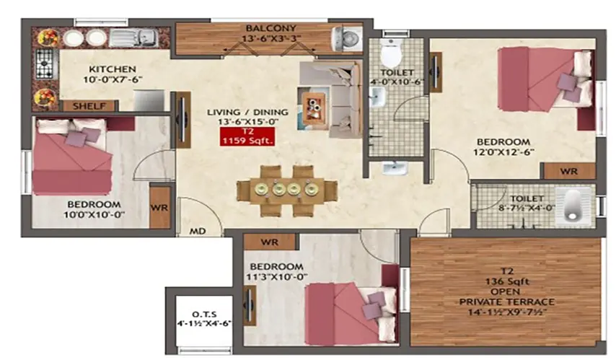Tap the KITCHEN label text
pos(89,69)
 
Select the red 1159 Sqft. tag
pos(248,136)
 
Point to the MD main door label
pos(195,232)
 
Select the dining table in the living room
pos(286,188)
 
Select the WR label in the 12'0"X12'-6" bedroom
pos(568,172)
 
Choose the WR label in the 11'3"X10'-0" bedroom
pos(270,240)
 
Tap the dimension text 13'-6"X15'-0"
pos(247,122)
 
